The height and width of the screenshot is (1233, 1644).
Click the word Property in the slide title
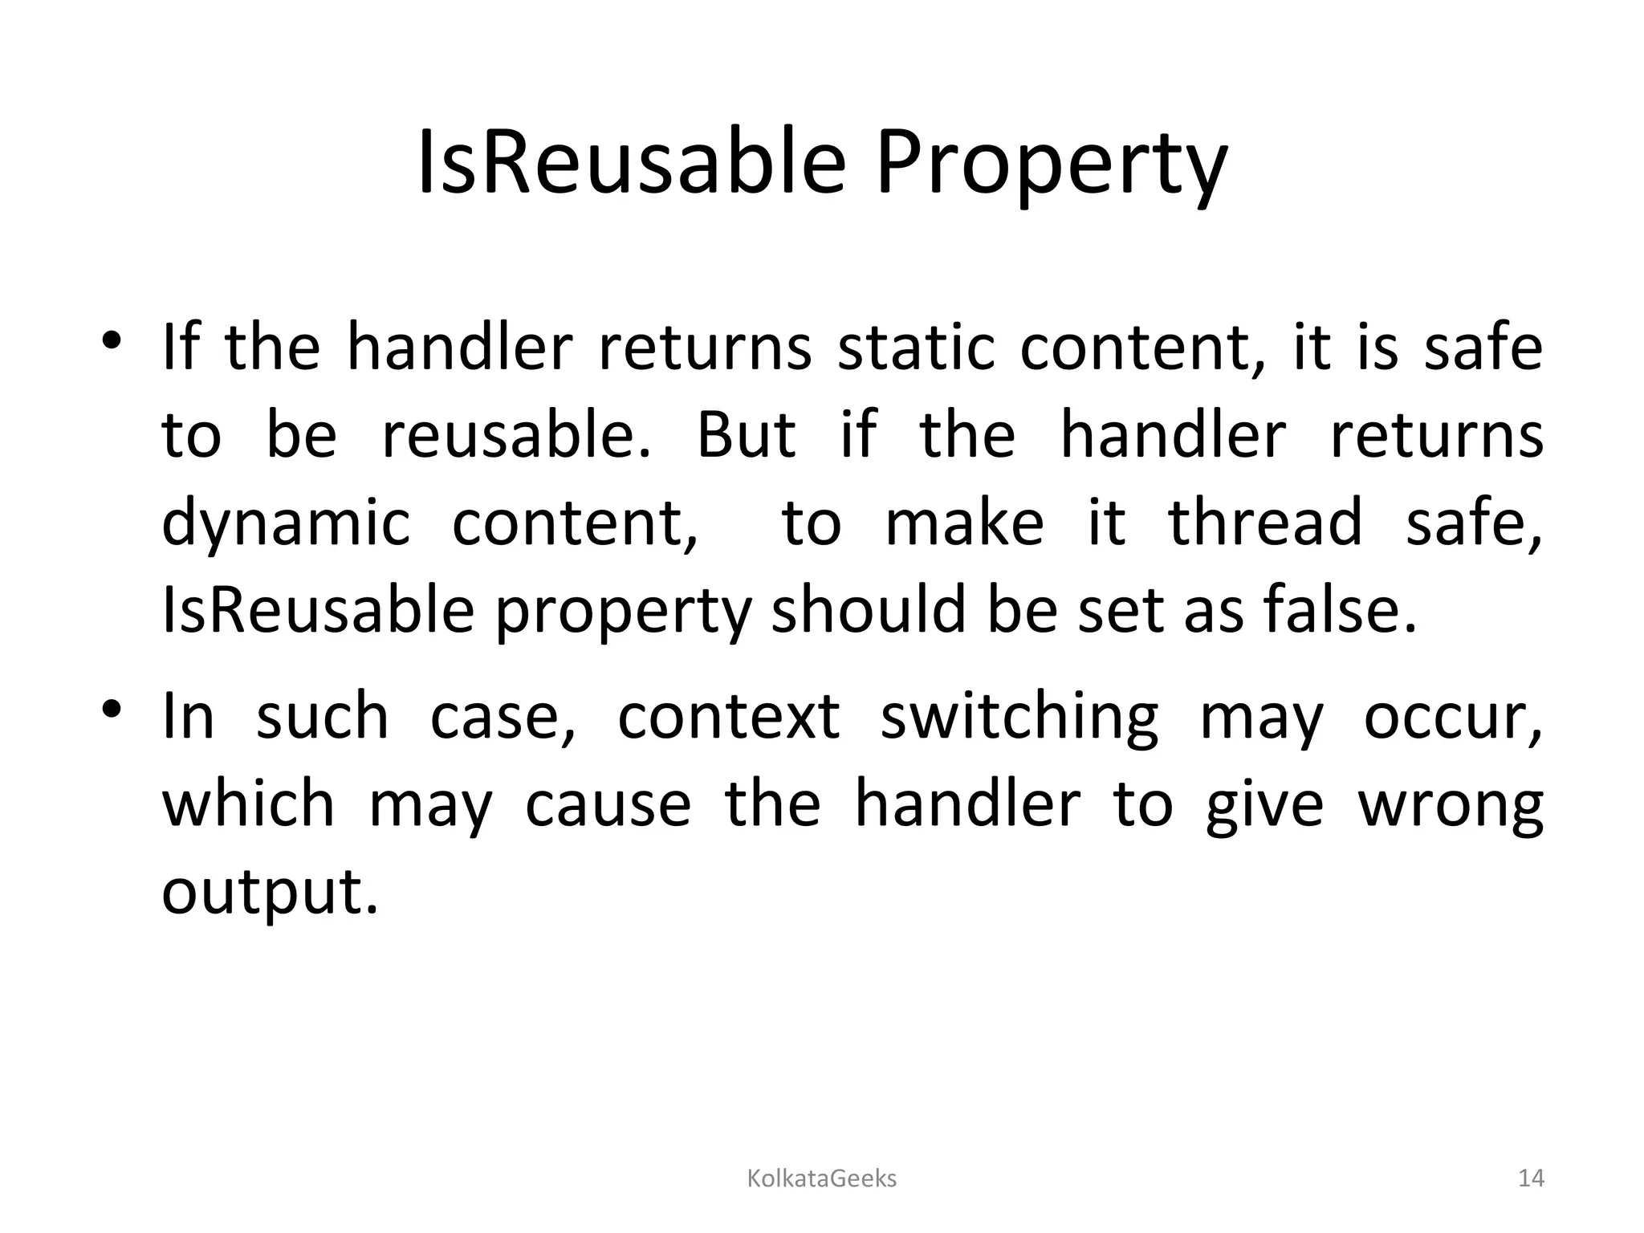(x=1051, y=165)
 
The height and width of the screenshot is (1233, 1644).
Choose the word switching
(x=1019, y=717)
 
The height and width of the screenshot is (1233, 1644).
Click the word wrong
(x=1451, y=806)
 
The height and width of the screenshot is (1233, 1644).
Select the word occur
(x=1451, y=717)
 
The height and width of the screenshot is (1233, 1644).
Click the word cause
(x=608, y=804)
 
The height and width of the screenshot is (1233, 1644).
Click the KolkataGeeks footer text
(x=821, y=1178)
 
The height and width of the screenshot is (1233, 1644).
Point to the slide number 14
(x=1531, y=1178)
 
